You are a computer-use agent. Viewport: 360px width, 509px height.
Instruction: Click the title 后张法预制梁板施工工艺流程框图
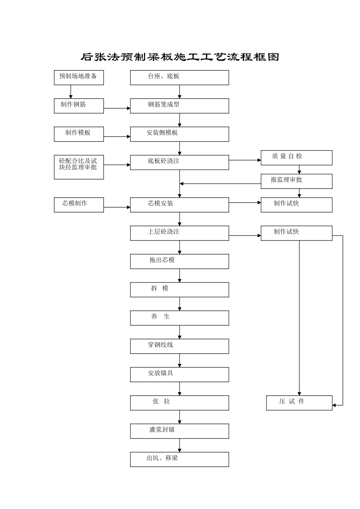180,57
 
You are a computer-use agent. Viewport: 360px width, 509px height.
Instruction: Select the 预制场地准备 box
79,78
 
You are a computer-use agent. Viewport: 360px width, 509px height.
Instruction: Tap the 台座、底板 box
180,78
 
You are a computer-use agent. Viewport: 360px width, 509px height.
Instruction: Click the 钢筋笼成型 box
180,106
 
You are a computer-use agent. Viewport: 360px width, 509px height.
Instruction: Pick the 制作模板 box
79,134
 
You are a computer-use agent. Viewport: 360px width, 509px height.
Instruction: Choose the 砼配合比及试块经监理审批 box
79,167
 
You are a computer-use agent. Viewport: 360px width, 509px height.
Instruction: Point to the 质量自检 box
296,158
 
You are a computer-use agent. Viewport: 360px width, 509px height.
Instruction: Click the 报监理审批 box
296,181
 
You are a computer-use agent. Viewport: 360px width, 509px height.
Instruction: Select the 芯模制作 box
79,205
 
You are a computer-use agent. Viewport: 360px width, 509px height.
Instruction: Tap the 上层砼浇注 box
180,233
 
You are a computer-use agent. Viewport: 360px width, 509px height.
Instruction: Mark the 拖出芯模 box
180,261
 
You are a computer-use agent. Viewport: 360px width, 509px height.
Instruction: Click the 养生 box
180,318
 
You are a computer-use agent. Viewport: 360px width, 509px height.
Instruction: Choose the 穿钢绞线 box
180,346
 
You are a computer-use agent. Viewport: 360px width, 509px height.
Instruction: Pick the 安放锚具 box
180,375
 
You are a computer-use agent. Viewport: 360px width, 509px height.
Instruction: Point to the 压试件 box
299,403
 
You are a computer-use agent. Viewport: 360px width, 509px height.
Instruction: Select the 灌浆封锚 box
180,431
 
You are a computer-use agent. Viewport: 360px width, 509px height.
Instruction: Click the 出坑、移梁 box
180,459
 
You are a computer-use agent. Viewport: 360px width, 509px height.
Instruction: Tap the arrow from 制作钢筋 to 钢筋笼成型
117,108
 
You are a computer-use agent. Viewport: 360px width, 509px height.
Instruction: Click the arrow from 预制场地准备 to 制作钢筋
71,92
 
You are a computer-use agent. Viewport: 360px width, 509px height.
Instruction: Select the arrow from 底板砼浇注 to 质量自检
245,160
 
